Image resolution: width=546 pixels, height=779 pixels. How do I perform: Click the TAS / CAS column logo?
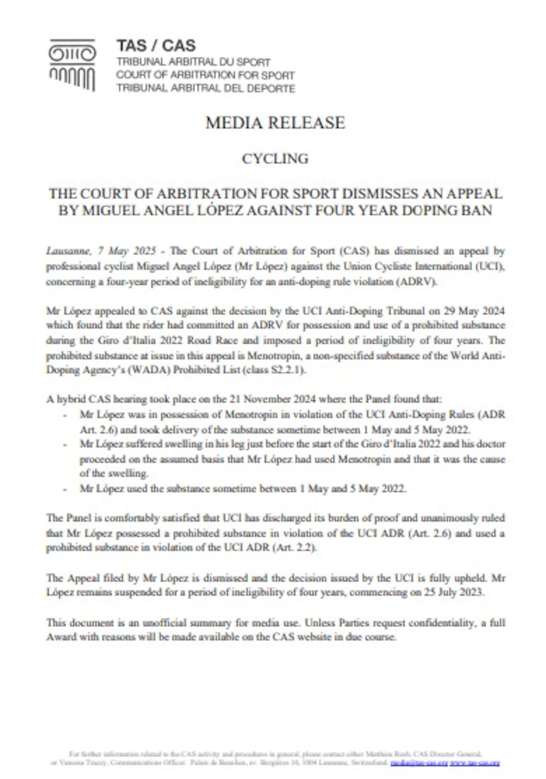pos(72,65)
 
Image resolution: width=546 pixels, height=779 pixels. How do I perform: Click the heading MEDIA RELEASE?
pos(275,123)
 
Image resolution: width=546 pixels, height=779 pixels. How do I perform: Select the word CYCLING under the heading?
pos(275,159)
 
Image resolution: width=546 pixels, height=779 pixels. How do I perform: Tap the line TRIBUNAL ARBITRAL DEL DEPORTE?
pos(206,89)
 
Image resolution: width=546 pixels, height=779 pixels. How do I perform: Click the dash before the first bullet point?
pos(65,415)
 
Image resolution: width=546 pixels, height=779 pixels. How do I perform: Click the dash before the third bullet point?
pos(65,489)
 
